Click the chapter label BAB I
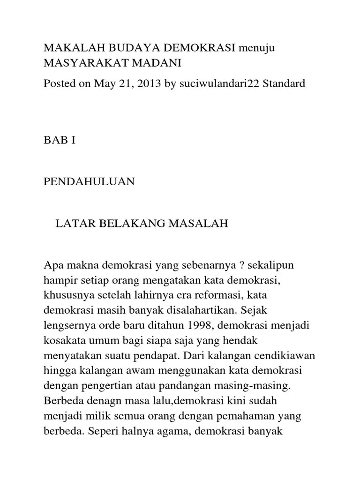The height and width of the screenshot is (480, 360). tap(60, 140)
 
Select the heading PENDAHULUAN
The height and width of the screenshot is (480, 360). tap(89, 182)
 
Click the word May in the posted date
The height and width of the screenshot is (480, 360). tap(104, 84)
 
